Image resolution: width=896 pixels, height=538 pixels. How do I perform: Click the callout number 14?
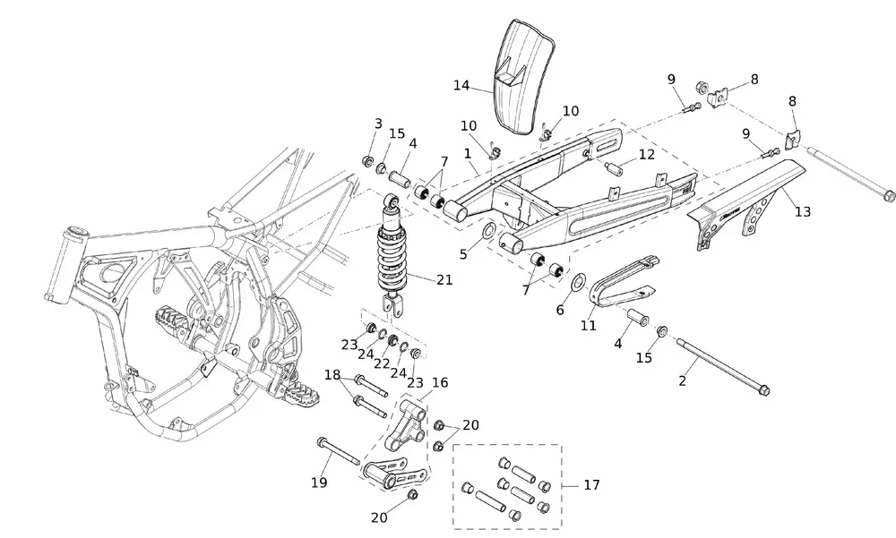click(x=461, y=86)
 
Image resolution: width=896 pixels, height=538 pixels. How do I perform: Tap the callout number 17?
click(x=591, y=486)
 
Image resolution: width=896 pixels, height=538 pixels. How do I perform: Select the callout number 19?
click(x=319, y=483)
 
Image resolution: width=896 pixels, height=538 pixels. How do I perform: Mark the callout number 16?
click(x=440, y=382)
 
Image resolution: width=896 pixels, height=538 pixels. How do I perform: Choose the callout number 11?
click(x=588, y=326)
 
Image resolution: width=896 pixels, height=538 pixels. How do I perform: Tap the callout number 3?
click(x=378, y=124)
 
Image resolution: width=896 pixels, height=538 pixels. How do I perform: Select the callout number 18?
click(x=332, y=375)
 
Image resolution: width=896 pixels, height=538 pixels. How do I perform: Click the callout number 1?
click(x=468, y=154)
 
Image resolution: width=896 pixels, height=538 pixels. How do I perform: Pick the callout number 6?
click(x=560, y=309)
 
